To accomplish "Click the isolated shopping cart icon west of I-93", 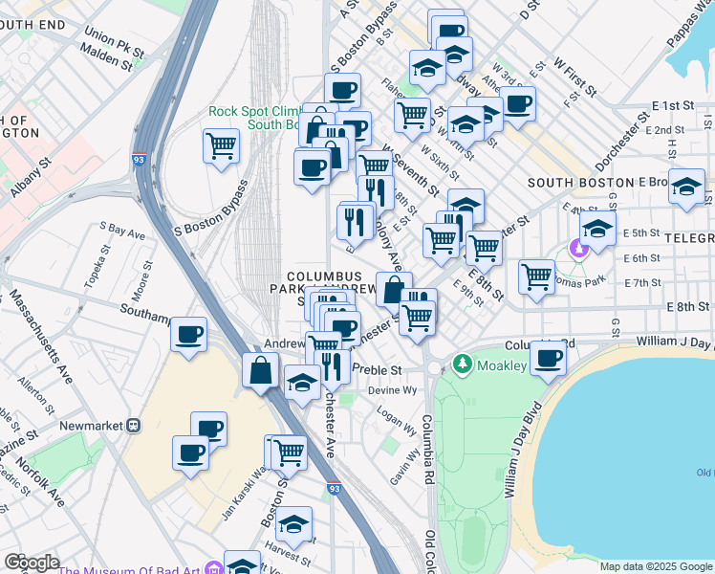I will [x=221, y=146].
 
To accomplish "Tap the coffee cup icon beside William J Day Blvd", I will [x=549, y=358].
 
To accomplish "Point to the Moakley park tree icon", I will [x=464, y=364].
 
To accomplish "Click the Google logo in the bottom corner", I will [x=32, y=563].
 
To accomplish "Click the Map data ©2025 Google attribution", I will [x=656, y=566].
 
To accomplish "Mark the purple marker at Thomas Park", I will [x=577, y=249].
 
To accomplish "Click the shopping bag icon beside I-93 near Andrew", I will [x=260, y=370].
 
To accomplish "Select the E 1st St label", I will [x=672, y=104].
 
